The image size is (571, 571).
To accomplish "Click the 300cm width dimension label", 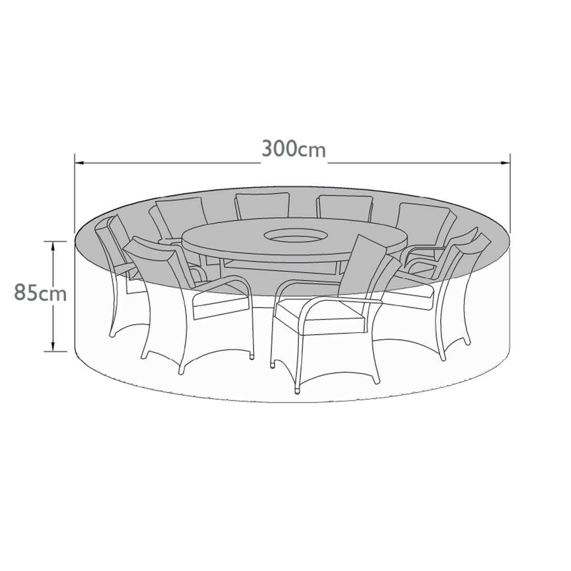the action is coord(294,149).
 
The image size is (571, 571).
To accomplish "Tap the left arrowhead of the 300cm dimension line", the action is coord(80,163).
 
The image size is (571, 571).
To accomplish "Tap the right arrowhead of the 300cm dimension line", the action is coord(505,163).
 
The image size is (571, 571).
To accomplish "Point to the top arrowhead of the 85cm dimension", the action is coord(53,246).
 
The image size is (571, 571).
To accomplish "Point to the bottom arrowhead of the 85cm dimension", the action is coord(53,347).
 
